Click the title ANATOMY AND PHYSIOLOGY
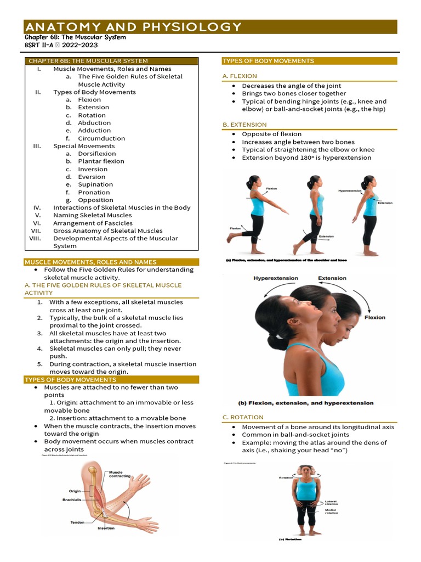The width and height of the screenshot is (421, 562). [x=133, y=27]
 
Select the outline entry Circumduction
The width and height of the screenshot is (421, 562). [x=101, y=138]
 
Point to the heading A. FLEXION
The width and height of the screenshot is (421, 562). [x=240, y=76]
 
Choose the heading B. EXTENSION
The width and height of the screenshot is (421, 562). [x=244, y=125]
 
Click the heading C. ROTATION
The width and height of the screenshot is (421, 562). [x=243, y=417]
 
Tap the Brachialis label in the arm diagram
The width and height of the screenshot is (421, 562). [x=72, y=500]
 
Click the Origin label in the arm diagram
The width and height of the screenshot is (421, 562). [x=75, y=491]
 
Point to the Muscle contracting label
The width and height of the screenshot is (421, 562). [x=120, y=474]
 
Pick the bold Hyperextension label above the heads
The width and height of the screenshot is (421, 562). [x=276, y=278]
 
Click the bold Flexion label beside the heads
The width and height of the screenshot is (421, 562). [x=375, y=317]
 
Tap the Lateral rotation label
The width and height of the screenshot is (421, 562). [x=331, y=502]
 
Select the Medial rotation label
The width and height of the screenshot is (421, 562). [x=331, y=512]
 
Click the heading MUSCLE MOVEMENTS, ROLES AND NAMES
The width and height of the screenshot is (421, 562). [x=90, y=262]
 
